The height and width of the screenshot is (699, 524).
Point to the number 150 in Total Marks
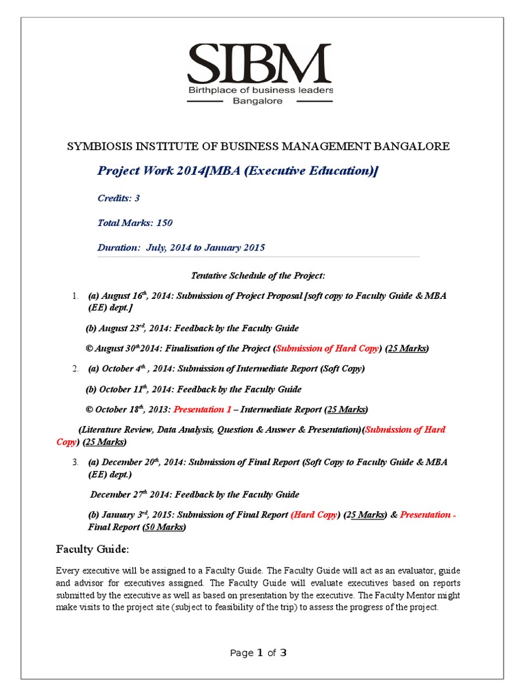[164, 223]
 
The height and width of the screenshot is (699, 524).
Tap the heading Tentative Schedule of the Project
[257, 275]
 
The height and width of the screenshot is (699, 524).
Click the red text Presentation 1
[203, 410]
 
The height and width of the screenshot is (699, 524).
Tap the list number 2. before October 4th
[76, 369]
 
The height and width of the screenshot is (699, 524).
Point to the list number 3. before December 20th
[76, 462]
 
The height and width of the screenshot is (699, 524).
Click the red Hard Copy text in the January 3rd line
[315, 515]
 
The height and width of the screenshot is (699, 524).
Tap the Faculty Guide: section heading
[91, 550]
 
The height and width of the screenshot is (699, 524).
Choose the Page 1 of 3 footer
[258, 653]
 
